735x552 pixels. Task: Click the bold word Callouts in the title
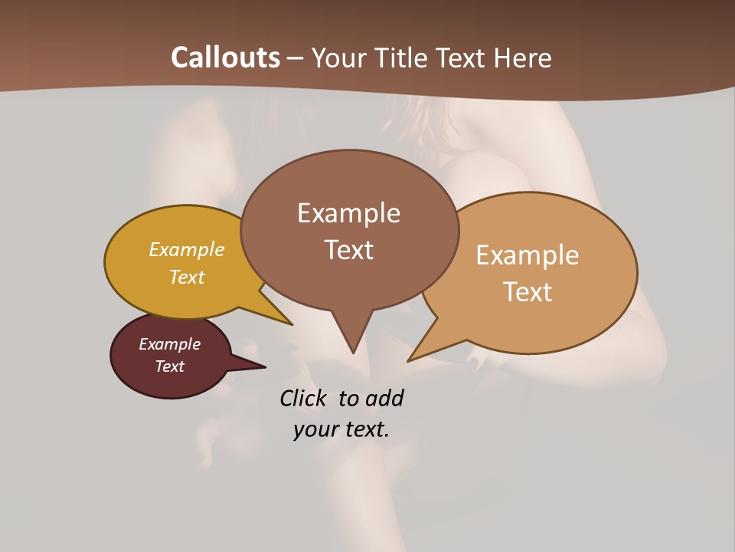tap(225, 58)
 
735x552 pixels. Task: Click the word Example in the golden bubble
tap(187, 249)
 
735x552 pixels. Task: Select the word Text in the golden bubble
tap(187, 277)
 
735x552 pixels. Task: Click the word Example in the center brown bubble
tap(348, 213)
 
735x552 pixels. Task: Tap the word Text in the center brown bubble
tap(348, 250)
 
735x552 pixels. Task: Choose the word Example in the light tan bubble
tap(528, 255)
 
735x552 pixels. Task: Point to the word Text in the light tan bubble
tap(528, 291)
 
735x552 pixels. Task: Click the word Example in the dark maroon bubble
tap(169, 344)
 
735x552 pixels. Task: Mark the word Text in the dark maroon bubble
tap(169, 366)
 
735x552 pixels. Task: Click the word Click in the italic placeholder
tap(304, 399)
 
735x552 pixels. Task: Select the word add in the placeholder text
tap(384, 399)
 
